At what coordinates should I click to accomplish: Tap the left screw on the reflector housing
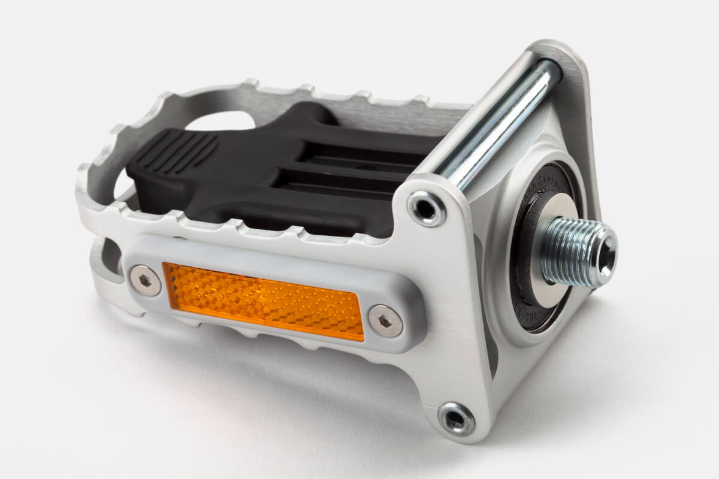(x=146, y=280)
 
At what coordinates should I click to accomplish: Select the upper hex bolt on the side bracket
(x=426, y=208)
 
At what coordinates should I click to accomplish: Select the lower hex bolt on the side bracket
(x=456, y=417)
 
